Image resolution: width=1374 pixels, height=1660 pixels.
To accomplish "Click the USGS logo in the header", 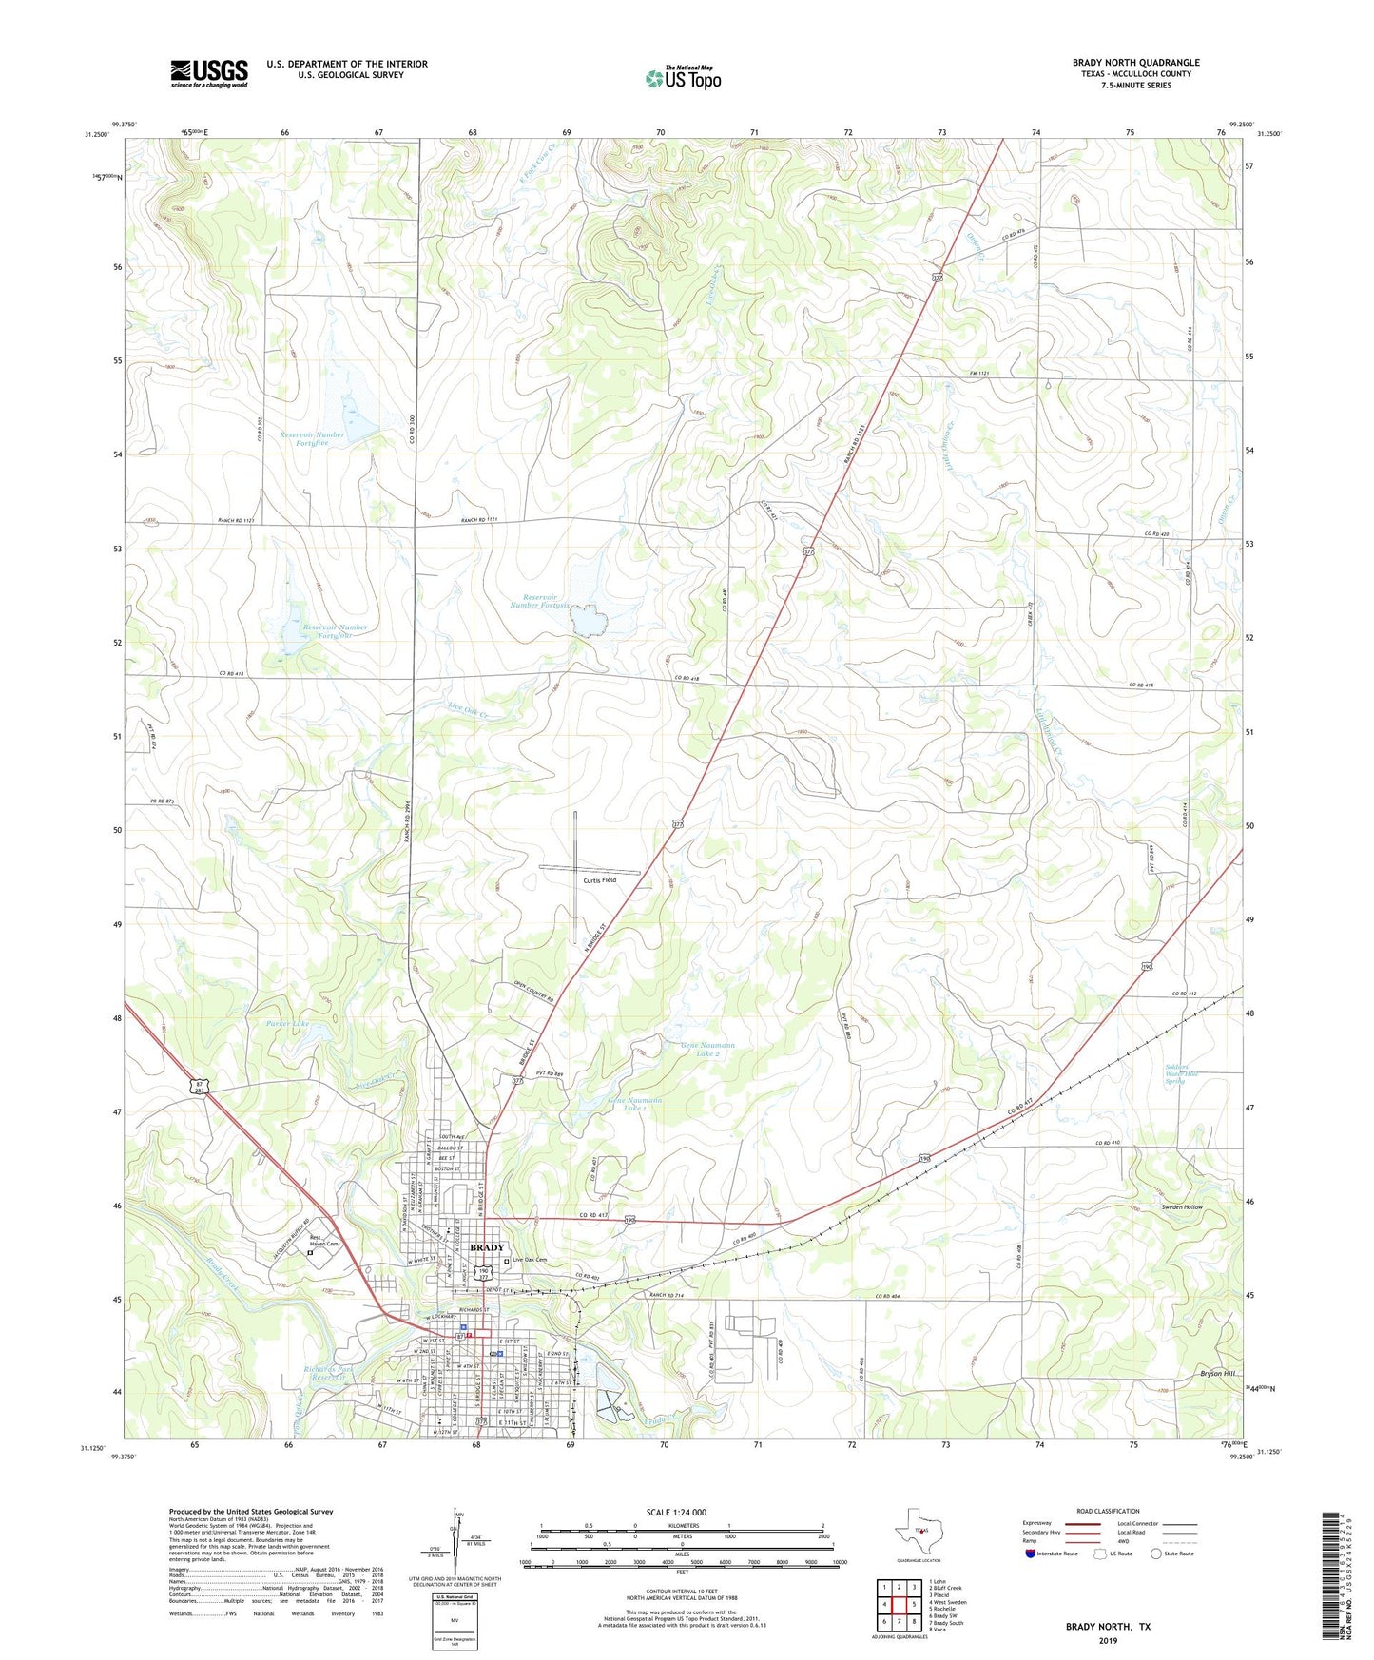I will coord(209,73).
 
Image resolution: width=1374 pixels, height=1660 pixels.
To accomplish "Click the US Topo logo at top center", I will coord(683,78).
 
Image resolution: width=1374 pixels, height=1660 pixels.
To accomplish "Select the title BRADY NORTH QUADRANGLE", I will coord(1135,63).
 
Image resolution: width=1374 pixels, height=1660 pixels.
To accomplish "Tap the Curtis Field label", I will coord(599,880).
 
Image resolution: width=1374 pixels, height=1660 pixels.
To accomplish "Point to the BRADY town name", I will coord(488,1247).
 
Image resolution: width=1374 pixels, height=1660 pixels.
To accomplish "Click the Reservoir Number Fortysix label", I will coord(540,600).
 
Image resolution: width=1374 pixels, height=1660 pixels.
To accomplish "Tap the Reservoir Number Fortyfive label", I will coord(312,438).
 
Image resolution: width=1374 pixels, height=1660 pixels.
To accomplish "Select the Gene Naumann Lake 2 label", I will coord(707,1050).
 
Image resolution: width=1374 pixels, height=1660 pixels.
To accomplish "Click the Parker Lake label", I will coord(287,1024).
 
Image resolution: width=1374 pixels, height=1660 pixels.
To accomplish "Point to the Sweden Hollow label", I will coord(1182,1207).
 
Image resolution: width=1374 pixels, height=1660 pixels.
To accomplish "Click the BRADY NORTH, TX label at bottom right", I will coord(1107,1627).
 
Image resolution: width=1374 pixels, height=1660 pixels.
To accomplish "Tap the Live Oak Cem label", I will coord(530,1260).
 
